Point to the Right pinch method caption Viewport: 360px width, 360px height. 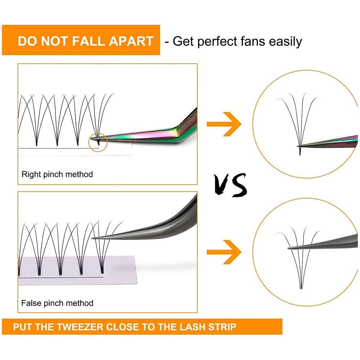(57, 175)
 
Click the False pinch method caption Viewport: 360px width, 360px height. (57, 303)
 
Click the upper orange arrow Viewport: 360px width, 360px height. (224, 124)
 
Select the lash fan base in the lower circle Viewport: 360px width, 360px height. (301, 286)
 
